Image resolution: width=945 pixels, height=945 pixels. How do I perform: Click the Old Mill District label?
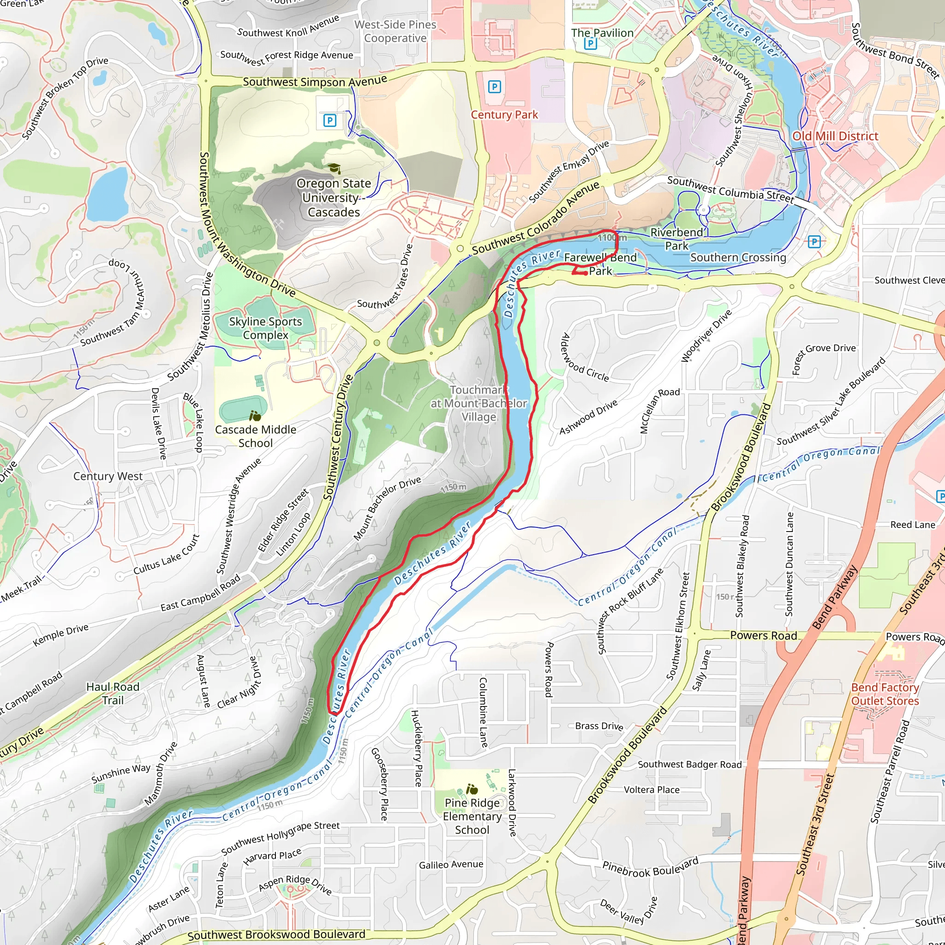pyautogui.click(x=835, y=136)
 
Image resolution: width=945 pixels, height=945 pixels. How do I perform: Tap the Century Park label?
pyautogui.click(x=504, y=114)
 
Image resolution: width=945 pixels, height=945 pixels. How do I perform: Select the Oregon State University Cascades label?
pyautogui.click(x=334, y=197)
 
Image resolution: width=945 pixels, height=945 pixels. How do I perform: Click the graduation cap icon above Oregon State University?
pyautogui.click(x=334, y=169)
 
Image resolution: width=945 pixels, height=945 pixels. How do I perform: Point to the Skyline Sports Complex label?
pyautogui.click(x=265, y=328)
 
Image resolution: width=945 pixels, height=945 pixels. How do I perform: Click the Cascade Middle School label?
pyautogui.click(x=255, y=436)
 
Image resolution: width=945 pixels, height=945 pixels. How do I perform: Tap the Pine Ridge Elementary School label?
pyautogui.click(x=472, y=816)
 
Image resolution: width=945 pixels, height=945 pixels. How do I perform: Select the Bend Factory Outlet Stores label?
pyautogui.click(x=885, y=694)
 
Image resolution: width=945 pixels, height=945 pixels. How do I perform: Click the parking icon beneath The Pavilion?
pyautogui.click(x=590, y=44)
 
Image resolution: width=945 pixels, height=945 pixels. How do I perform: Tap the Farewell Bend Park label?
pyautogui.click(x=600, y=263)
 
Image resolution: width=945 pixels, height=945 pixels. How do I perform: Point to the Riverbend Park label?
pyautogui.click(x=676, y=239)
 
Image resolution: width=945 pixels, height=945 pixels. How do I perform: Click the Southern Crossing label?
pyautogui.click(x=738, y=257)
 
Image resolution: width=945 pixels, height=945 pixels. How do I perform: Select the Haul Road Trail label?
pyautogui.click(x=113, y=693)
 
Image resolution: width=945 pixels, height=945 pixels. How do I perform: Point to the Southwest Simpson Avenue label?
pyautogui.click(x=315, y=82)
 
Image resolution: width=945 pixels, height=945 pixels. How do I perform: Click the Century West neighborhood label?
pyautogui.click(x=108, y=476)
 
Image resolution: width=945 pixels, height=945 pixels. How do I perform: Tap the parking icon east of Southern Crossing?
pyautogui.click(x=814, y=241)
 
